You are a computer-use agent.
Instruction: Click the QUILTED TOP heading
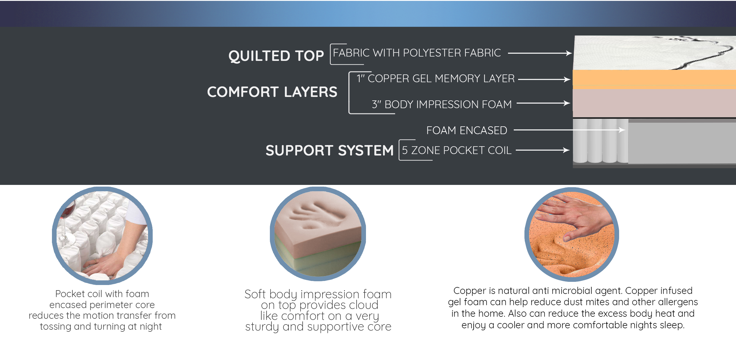pos(276,56)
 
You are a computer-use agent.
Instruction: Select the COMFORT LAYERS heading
pos(272,92)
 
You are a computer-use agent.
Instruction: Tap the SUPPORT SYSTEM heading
pos(330,151)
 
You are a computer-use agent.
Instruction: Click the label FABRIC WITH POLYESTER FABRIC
pos(417,53)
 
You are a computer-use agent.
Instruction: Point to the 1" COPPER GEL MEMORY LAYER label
pos(436,78)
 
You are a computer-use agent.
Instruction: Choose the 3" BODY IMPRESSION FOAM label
pos(442,104)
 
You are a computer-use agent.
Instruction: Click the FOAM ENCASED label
pos(467,130)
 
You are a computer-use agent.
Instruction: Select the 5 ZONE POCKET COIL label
pos(457,150)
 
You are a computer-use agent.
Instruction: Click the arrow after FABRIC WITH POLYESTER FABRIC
pos(540,53)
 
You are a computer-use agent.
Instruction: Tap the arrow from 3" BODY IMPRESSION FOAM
pos(543,103)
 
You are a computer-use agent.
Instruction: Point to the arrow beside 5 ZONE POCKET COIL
pos(543,150)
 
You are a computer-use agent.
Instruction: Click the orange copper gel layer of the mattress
pos(654,79)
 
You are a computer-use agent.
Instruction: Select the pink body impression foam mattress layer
pos(654,103)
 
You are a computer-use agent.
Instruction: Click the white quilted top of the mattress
pos(654,53)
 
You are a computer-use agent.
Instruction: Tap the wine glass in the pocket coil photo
pos(66,222)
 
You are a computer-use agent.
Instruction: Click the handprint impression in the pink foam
pos(317,216)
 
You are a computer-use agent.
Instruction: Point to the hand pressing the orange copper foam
pos(574,218)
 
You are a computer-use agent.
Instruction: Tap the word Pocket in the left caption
pos(70,294)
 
